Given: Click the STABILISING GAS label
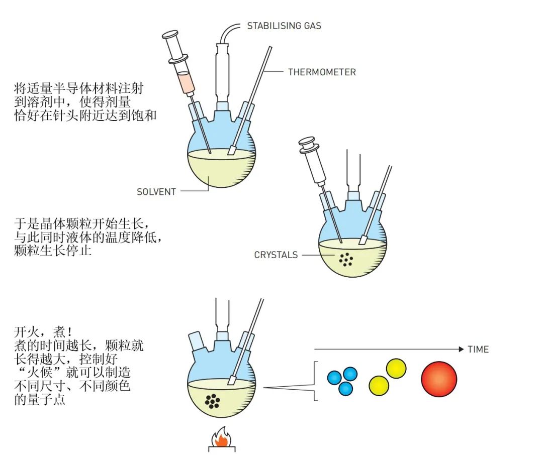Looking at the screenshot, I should click(284, 26).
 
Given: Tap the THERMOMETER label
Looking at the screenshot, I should click(322, 72).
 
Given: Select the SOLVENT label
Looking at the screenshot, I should click(156, 192).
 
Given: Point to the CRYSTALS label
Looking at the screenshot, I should click(276, 255).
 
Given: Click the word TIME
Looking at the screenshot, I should click(478, 350).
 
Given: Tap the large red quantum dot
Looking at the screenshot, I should click(439, 379).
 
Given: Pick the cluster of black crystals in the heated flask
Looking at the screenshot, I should click(213, 401).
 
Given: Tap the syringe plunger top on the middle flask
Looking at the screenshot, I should click(306, 142).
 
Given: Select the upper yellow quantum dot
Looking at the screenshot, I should click(396, 369).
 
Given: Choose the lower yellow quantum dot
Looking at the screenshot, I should click(379, 385).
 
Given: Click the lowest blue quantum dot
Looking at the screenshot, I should click(345, 388).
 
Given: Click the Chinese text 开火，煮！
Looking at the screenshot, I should click(43, 332).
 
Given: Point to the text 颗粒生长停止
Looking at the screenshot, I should click(53, 250).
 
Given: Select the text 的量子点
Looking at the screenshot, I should click(40, 401).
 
